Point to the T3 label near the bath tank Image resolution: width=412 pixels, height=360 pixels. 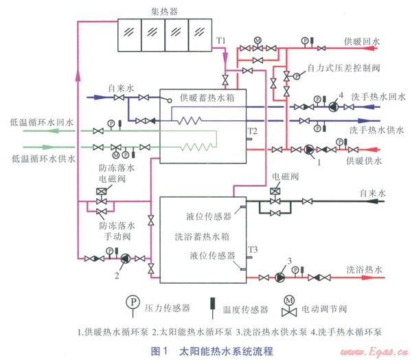tap(253, 249)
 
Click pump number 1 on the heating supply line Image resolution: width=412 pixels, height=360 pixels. tap(309, 150)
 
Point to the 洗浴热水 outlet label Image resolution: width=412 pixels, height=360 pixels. tap(364, 269)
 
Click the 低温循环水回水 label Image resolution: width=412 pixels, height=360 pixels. tap(47, 122)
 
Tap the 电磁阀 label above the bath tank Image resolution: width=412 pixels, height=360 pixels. tap(285, 177)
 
